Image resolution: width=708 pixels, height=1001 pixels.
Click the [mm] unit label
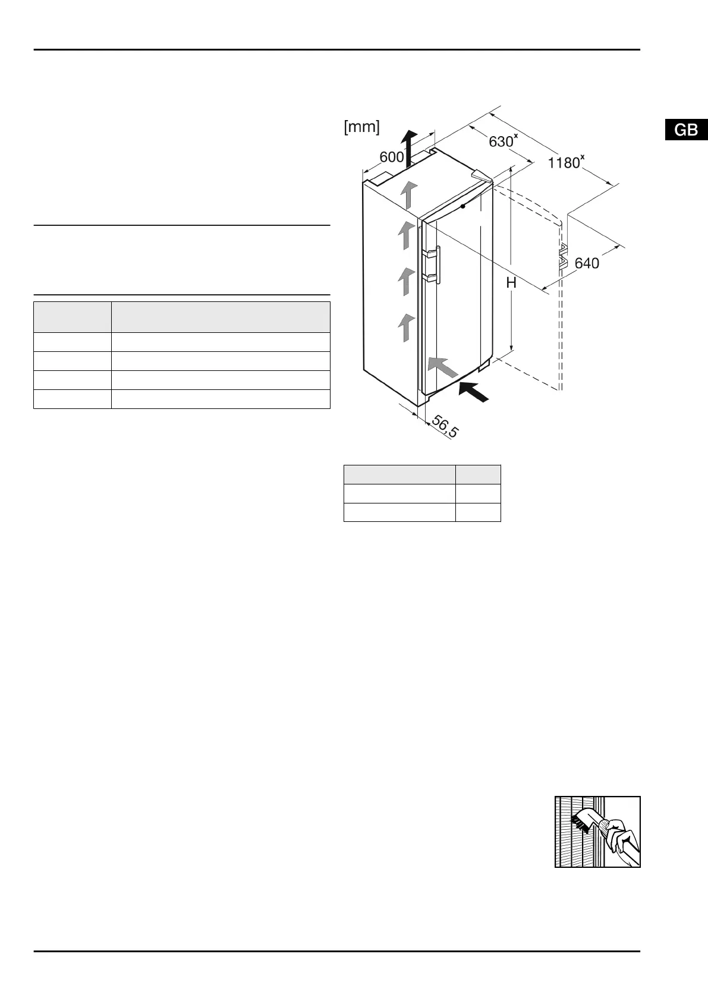pos(361,127)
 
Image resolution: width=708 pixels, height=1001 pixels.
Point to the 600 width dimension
pos(392,157)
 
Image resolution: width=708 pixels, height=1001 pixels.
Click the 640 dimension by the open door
pos(587,263)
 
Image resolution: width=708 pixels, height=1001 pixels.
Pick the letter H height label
pos(511,282)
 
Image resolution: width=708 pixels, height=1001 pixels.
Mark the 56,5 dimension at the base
pos(445,427)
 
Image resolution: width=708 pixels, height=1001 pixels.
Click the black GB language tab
pos(686,130)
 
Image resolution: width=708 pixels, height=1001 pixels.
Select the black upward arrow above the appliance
pos(408,149)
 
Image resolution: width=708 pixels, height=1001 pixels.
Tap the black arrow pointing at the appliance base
pos(474,392)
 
